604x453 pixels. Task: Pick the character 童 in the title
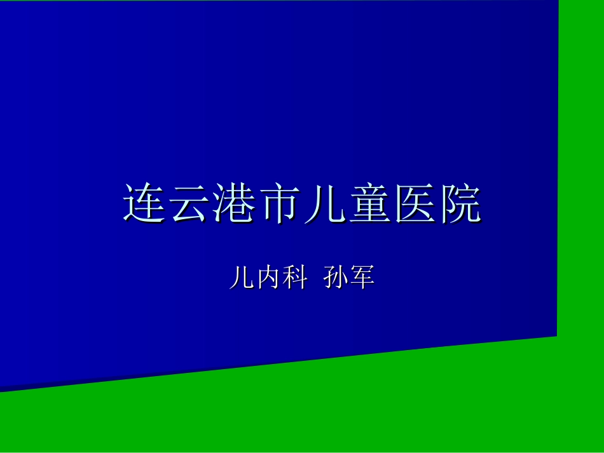click(369, 205)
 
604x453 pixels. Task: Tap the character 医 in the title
click(415, 205)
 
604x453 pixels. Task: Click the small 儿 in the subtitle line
click(242, 278)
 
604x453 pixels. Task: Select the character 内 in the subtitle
click(269, 278)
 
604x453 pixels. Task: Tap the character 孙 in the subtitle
click(336, 278)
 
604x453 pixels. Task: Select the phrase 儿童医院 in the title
click(392, 205)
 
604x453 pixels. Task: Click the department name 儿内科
click(269, 278)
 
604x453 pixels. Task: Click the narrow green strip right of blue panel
click(580, 165)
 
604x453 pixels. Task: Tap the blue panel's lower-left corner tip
click(3, 389)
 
